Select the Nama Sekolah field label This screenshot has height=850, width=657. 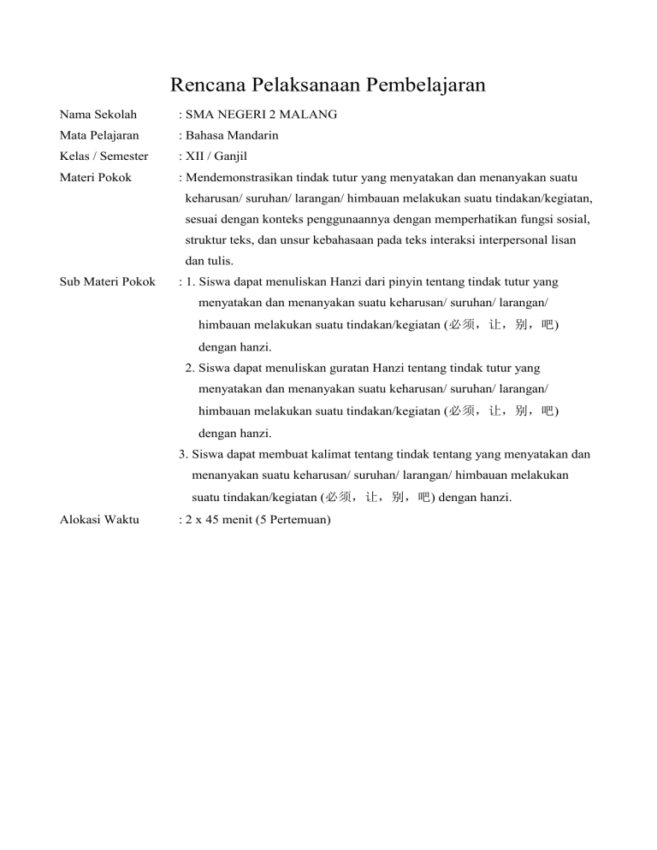point(98,114)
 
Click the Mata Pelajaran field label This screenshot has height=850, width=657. point(99,135)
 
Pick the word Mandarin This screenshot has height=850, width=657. point(256,135)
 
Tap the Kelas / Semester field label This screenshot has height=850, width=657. point(104,156)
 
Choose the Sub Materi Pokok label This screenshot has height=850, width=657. point(107,281)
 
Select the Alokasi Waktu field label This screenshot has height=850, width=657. point(99,519)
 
